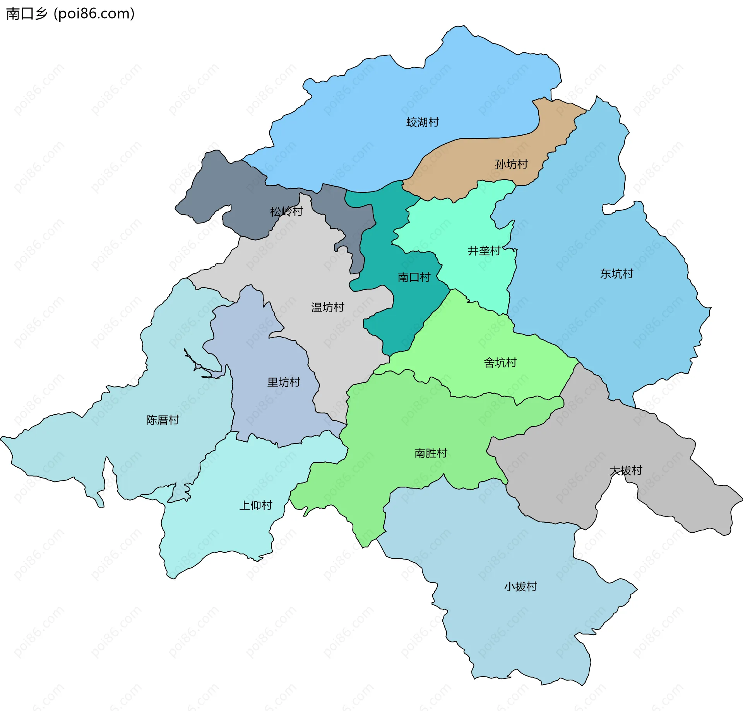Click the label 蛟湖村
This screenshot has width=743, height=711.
422,122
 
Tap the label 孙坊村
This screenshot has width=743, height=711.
511,164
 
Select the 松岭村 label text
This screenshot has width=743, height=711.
286,212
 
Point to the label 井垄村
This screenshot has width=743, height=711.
484,251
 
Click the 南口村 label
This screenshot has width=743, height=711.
414,277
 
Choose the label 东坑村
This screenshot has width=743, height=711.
616,274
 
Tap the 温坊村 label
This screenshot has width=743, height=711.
327,308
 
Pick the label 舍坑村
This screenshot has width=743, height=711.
500,363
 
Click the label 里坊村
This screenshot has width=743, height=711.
284,382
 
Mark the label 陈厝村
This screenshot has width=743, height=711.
163,420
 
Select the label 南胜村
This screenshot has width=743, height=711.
431,453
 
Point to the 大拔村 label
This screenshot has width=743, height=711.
626,471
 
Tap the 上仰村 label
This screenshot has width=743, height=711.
256,505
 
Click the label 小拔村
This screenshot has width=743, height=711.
520,587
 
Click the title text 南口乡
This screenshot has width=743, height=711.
26,14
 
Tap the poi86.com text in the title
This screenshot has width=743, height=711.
94,14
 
